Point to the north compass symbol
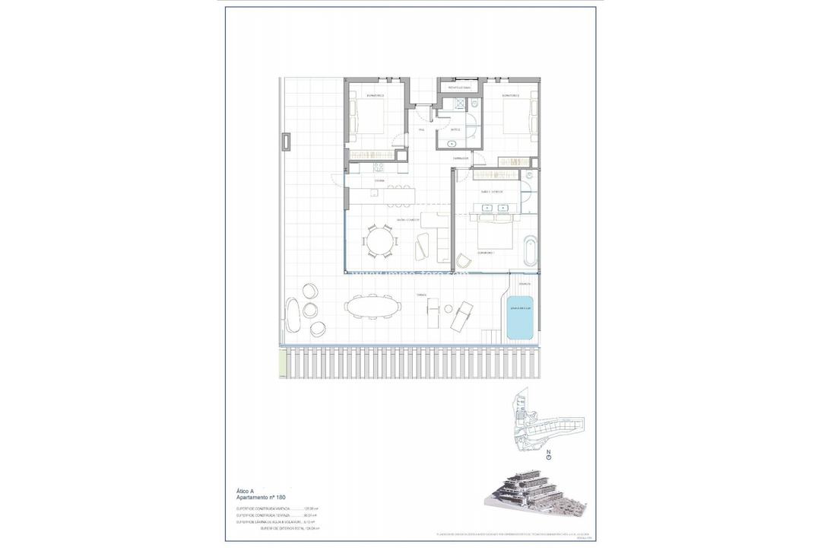tap(548, 457)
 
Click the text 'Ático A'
tap(247, 492)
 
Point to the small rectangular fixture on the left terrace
tap(286, 142)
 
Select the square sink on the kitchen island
tap(375, 193)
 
